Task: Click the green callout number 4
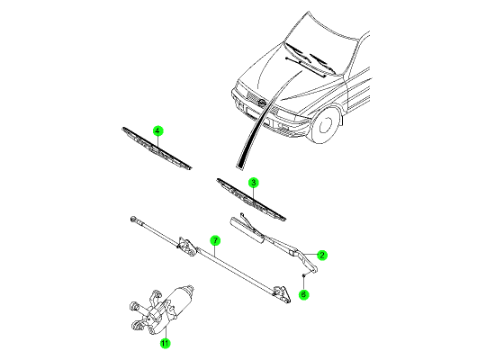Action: click(x=157, y=130)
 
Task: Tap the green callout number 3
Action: click(x=253, y=183)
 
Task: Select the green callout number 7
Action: click(x=215, y=240)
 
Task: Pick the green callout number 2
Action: click(x=321, y=255)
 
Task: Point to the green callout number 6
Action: click(x=303, y=294)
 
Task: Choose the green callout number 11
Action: click(x=165, y=343)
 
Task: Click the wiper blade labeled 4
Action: click(x=157, y=148)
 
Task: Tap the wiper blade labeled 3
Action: click(x=251, y=200)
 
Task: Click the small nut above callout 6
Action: click(x=303, y=275)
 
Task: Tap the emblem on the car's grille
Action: click(x=262, y=103)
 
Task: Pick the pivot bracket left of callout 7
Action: click(x=186, y=246)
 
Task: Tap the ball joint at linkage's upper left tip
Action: click(x=133, y=219)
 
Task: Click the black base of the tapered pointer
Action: click(x=240, y=165)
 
